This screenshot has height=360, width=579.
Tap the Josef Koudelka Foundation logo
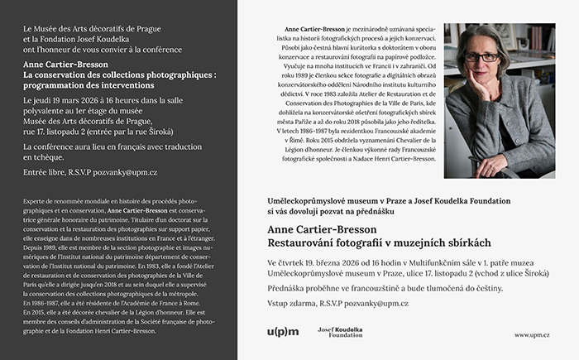tap(339, 333)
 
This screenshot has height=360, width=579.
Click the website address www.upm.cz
tap(532, 335)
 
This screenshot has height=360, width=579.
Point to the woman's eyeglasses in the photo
tap(481, 58)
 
